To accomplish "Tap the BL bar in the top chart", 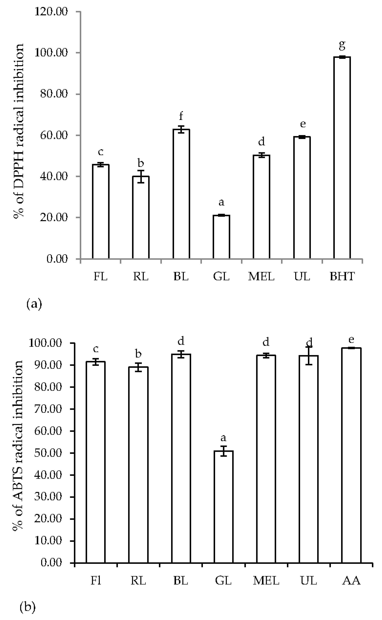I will [181, 194].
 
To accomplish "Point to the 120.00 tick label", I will [51, 12].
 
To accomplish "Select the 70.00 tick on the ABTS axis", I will [48, 409].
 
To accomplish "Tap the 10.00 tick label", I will [48, 541].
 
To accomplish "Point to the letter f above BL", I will [181, 116].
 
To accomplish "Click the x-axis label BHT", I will [342, 276].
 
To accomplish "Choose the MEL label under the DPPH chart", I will [261, 276].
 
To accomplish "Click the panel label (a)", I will [34, 304].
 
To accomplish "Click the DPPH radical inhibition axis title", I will [18, 132].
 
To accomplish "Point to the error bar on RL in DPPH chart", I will [141, 176].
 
